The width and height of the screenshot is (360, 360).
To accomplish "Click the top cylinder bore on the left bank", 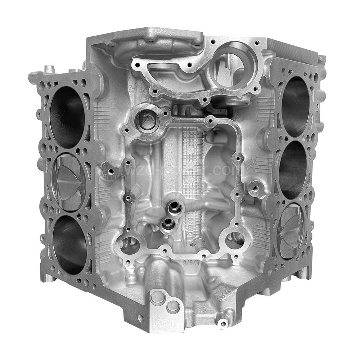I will [68, 117].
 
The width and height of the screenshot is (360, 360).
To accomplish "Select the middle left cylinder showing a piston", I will [69, 182].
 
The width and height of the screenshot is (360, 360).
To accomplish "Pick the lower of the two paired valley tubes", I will [168, 225].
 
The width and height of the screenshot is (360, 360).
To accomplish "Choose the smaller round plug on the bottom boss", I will [173, 307].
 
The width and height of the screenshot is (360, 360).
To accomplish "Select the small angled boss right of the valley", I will [255, 187].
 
